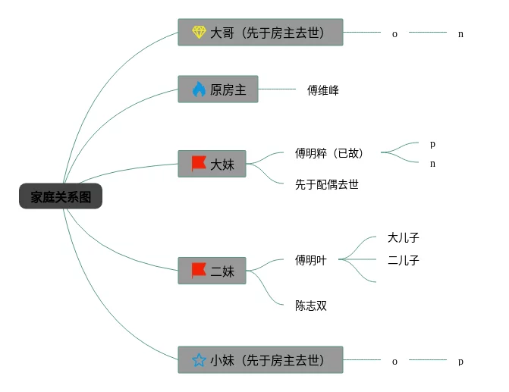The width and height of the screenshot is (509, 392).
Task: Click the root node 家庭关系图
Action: coord(61,197)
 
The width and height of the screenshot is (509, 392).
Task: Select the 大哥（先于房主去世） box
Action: coord(260,33)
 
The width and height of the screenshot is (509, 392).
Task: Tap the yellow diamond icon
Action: coord(199,33)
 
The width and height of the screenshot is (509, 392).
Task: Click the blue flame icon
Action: coord(199,90)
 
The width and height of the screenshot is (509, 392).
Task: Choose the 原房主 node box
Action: coord(218,90)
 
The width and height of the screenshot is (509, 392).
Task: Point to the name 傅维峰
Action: coord(323,90)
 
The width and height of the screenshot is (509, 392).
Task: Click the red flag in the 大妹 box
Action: coord(199,163)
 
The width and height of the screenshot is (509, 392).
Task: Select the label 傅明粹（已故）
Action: coord(329,153)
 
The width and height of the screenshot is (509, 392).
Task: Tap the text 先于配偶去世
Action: coord(327,184)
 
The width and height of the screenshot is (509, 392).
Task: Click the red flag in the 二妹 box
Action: coord(199,270)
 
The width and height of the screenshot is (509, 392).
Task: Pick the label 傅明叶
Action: coord(311,260)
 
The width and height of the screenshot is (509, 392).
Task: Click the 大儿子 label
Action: coord(404,237)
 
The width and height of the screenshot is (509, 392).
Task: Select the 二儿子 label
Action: coord(404,260)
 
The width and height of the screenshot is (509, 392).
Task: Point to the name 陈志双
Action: coord(311,306)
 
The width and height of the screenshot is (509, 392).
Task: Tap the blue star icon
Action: coord(199,361)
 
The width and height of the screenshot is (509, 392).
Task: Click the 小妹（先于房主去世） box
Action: coord(260,361)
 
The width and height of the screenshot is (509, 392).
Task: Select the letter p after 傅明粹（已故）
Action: coord(432,143)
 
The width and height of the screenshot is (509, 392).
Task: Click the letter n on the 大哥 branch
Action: coord(460,34)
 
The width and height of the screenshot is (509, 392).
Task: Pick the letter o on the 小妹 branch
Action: coord(394,362)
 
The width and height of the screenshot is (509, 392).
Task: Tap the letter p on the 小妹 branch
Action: coord(460,362)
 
